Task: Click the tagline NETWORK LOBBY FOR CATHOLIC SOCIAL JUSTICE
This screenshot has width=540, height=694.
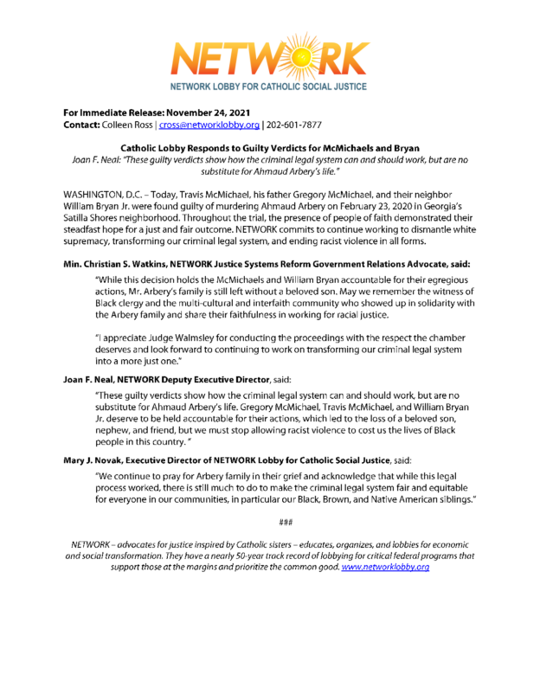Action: [x=268, y=87]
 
